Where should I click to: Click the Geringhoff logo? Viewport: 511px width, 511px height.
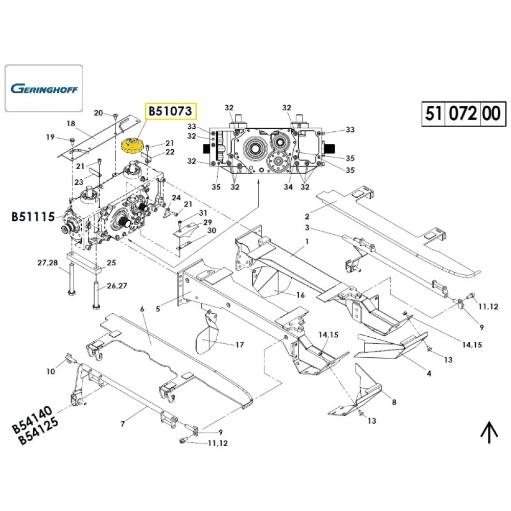click(44, 88)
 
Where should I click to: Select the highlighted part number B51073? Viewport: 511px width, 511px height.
click(171, 110)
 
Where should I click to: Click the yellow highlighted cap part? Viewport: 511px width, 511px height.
click(133, 145)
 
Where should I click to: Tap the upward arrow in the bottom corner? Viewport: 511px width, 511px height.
click(489, 433)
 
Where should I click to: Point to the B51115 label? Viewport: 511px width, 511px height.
click(33, 217)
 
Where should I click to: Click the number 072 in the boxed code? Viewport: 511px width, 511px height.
click(463, 112)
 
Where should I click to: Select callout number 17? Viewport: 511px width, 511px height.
click(240, 345)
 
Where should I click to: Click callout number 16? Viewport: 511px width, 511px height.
click(300, 295)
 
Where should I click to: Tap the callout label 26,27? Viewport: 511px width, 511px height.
click(119, 286)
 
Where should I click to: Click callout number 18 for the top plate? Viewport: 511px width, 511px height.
click(71, 124)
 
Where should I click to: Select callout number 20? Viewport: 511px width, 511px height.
click(99, 113)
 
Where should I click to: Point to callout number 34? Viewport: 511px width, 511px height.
click(288, 187)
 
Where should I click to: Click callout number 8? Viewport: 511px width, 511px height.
click(394, 402)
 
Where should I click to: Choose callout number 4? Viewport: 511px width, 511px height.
click(429, 374)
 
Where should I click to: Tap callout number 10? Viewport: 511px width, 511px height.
click(51, 371)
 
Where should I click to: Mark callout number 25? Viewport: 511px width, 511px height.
click(111, 263)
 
